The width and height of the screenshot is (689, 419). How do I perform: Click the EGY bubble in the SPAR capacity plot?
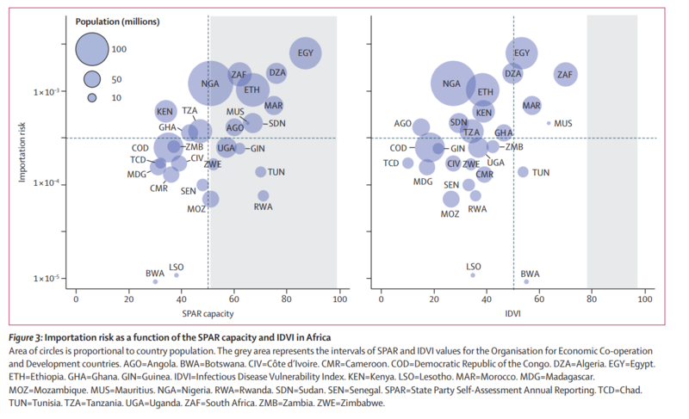tap(306, 53)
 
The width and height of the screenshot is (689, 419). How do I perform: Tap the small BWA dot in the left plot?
tap(155, 281)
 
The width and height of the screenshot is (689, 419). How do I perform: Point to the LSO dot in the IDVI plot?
tap(473, 274)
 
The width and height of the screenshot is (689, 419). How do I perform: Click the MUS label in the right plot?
tap(563, 124)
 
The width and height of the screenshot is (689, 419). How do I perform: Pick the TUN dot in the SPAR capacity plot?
tap(261, 172)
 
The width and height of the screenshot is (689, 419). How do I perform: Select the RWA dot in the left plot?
tap(263, 196)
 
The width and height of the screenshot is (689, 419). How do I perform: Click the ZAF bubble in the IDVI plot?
tap(565, 76)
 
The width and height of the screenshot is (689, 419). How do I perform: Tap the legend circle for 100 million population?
tap(90, 48)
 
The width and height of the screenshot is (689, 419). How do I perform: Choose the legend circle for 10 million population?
tap(91, 97)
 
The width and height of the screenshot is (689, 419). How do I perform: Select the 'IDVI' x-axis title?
tap(512, 312)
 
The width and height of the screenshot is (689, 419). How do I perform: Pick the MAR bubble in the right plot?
tap(532, 106)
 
